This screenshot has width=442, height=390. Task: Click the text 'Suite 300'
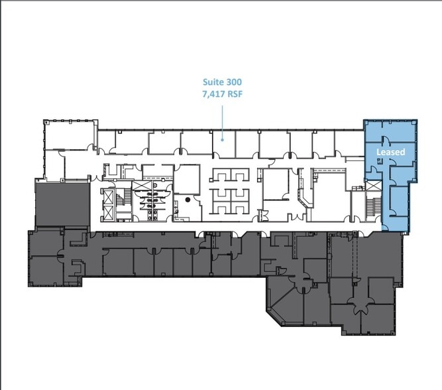pyautogui.click(x=222, y=83)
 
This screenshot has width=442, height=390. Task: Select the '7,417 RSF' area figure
pyautogui.click(x=222, y=95)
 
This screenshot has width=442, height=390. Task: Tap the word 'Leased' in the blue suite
pyautogui.click(x=390, y=152)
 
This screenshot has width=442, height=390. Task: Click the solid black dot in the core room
pyautogui.click(x=188, y=199)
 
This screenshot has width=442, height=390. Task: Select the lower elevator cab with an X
pyautogui.click(x=107, y=212)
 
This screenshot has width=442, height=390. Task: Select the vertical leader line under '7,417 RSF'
pyautogui.click(x=222, y=119)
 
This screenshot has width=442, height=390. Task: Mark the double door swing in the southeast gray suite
pyautogui.click(x=361, y=306)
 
